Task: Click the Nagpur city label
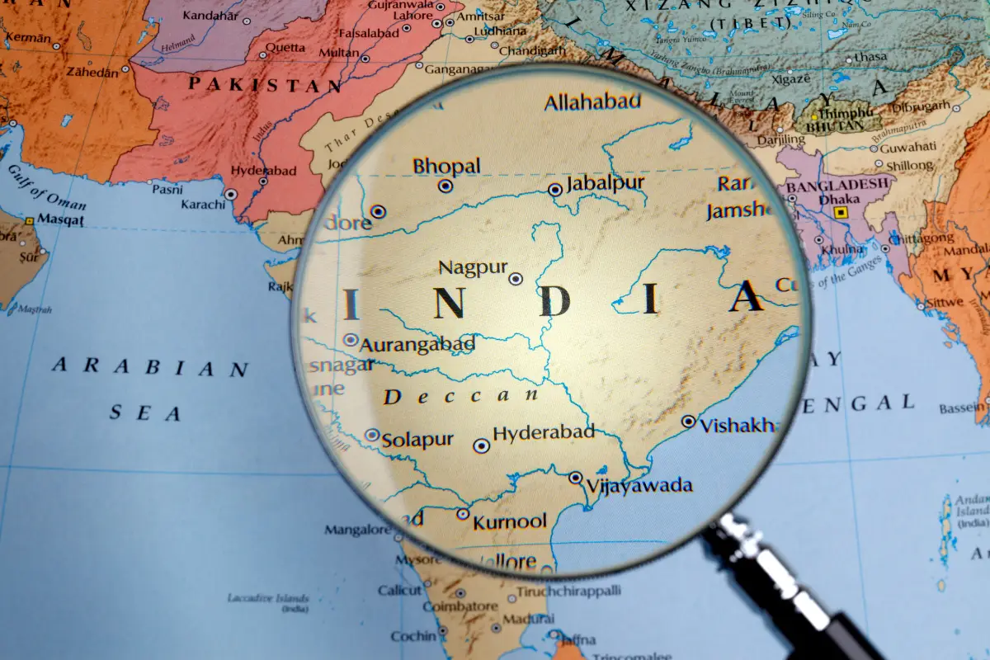tap(472, 267)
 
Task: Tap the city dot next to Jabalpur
tap(555, 190)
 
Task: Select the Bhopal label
tap(446, 166)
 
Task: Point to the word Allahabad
tap(592, 102)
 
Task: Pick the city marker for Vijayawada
tap(575, 478)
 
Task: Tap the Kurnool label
tap(509, 521)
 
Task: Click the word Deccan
tap(461, 397)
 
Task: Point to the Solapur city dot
tap(372, 435)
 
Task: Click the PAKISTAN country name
tap(265, 84)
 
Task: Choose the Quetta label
tap(285, 47)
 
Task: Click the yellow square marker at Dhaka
tap(841, 212)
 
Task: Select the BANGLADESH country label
tap(838, 185)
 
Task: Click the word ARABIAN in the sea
tap(150, 368)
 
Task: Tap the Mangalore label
tap(356, 530)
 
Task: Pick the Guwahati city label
tap(908, 147)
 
